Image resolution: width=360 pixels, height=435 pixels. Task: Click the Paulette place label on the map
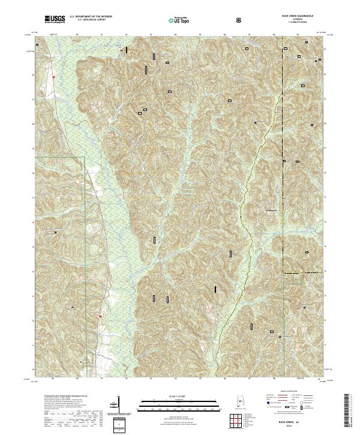coord(272,210)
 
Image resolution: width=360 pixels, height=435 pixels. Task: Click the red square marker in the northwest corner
coord(53,77)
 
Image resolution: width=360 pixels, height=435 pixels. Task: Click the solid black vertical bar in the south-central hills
coord(215,289)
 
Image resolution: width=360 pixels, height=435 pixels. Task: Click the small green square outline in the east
coord(297,277)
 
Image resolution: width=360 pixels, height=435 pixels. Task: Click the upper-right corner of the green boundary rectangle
coord(86,157)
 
